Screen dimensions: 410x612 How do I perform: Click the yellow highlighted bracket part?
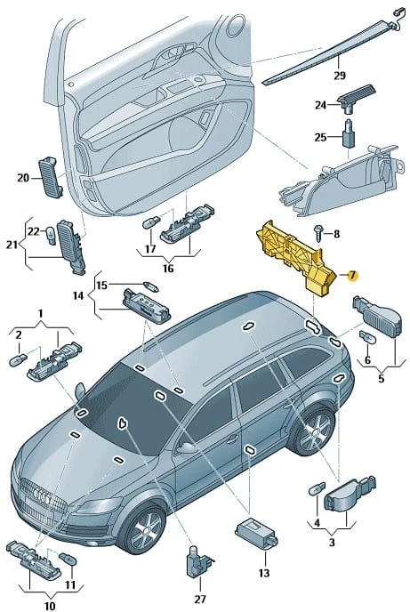(295, 258)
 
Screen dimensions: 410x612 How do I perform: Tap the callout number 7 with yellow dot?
(352, 276)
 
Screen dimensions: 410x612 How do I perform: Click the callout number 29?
(340, 75)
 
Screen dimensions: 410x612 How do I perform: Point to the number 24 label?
(321, 105)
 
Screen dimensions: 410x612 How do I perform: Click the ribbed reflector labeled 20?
(51, 177)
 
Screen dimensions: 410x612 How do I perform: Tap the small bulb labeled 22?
(51, 235)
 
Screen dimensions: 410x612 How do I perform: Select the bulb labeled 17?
(151, 223)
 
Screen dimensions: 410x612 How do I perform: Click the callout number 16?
(168, 269)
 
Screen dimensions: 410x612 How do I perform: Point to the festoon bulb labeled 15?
(150, 287)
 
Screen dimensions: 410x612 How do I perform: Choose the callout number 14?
(78, 295)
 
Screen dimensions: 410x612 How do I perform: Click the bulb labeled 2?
(18, 360)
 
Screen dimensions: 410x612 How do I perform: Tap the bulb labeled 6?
(367, 337)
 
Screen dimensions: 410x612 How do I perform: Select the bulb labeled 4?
(317, 488)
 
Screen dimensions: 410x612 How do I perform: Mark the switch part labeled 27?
(198, 561)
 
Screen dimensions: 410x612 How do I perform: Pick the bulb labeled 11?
(67, 559)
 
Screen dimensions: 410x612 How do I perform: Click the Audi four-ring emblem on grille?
(42, 496)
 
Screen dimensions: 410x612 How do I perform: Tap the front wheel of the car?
(145, 528)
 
